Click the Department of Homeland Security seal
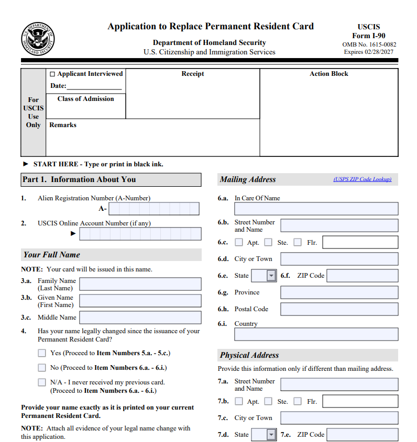pyautogui.click(x=38, y=40)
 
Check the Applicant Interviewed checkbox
pyautogui.click(x=52, y=74)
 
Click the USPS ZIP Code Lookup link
pyautogui.click(x=362, y=179)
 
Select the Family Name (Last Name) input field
pyautogui.click(x=140, y=284)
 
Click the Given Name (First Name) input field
pyautogui.click(x=140, y=301)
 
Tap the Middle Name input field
pyautogui.click(x=140, y=318)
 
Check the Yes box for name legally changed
pyautogui.click(x=42, y=353)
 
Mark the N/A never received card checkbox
pyautogui.click(x=42, y=382)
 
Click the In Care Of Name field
pyautogui.click(x=316, y=209)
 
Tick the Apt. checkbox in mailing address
pyautogui.click(x=239, y=242)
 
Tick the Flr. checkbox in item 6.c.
pyautogui.click(x=298, y=242)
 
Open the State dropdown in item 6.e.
pyautogui.click(x=264, y=276)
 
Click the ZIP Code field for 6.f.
pyautogui.click(x=362, y=276)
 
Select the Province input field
pyautogui.click(x=339, y=292)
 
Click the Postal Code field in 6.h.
pyautogui.click(x=339, y=309)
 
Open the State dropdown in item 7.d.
pyautogui.click(x=264, y=435)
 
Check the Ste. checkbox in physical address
pyautogui.click(x=268, y=401)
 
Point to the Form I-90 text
pyautogui.click(x=368, y=36)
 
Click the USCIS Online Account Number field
pyautogui.click(x=140, y=234)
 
